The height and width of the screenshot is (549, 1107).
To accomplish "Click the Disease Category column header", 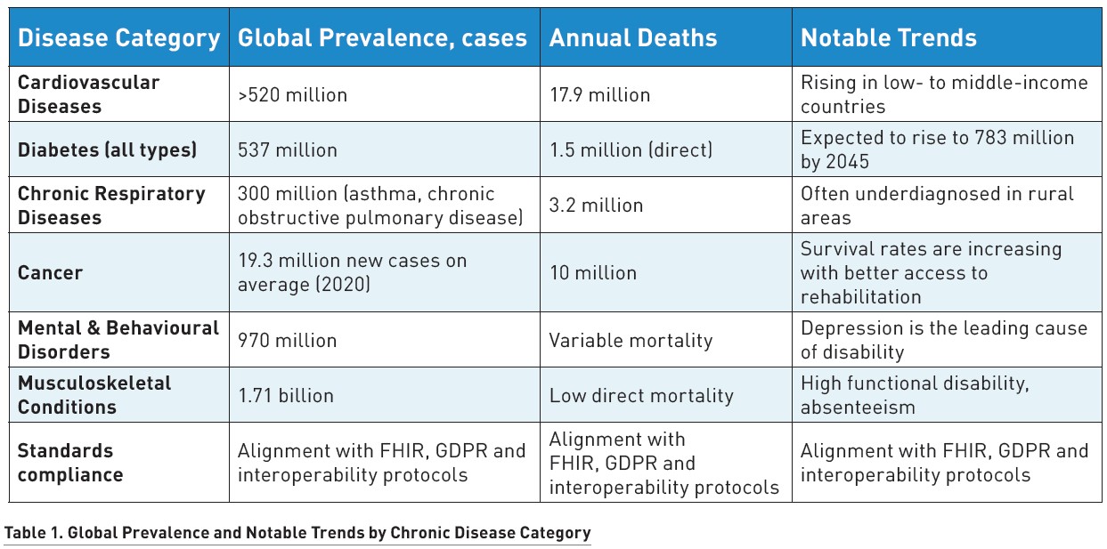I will click(118, 38).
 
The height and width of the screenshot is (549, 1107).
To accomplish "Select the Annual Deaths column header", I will click(632, 38).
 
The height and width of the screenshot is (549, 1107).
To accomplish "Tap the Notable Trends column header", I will click(888, 38).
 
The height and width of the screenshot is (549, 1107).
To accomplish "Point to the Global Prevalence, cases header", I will click(382, 38).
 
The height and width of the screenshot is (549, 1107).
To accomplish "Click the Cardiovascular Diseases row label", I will click(89, 93).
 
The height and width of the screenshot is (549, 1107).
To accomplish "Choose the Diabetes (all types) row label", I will click(107, 149).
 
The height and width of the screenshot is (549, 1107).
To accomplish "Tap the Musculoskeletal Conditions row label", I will click(94, 394).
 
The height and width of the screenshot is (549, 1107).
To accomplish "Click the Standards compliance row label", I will click(69, 462).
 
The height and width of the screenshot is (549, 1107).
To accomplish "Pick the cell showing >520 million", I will click(292, 94).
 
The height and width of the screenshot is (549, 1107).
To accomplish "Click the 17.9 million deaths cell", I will click(599, 94).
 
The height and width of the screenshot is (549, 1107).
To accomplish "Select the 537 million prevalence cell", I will click(287, 149).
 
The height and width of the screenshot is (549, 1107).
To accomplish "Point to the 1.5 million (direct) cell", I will click(631, 149).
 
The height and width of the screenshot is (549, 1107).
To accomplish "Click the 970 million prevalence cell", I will click(287, 339).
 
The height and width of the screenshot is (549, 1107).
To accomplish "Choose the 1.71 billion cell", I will click(285, 395).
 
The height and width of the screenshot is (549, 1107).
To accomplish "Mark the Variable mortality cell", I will click(631, 339).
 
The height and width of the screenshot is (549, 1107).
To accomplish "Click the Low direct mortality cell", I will click(640, 395).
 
